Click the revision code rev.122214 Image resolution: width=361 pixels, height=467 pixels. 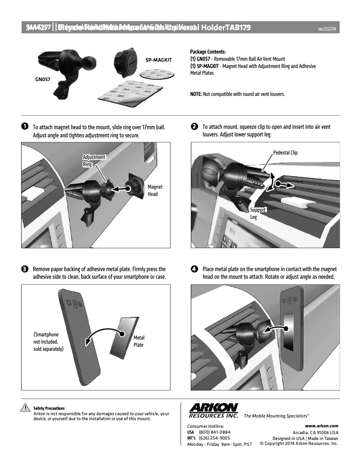pyautogui.click(x=328, y=29)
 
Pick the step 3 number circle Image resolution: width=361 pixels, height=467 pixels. pyautogui.click(x=25, y=269)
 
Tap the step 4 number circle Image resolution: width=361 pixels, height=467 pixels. pyautogui.click(x=194, y=269)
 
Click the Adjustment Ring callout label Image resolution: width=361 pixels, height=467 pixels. pyautogui.click(x=94, y=161)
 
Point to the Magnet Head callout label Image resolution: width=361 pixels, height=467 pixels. pyautogui.click(x=155, y=190)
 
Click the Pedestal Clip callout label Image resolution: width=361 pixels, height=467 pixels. pyautogui.click(x=285, y=153)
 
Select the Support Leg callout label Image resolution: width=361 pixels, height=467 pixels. pyautogui.click(x=257, y=213)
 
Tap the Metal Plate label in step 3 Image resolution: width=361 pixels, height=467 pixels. pyautogui.click(x=139, y=341)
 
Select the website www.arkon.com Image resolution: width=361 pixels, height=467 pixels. pyautogui.click(x=321, y=426)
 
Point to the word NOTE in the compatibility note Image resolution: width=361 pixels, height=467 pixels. pyautogui.click(x=196, y=94)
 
